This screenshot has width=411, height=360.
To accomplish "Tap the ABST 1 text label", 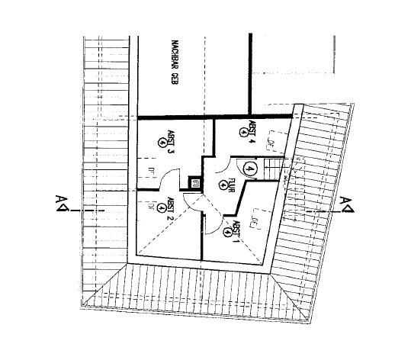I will click(x=237, y=227).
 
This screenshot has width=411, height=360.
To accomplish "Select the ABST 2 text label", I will click(x=172, y=207).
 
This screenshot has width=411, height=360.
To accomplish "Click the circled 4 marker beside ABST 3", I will click(x=162, y=141).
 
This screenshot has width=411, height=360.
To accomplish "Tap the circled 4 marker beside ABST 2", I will click(x=162, y=207).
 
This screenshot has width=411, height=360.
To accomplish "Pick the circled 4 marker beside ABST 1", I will click(x=228, y=231).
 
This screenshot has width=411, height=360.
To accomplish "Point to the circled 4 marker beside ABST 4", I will click(x=243, y=130).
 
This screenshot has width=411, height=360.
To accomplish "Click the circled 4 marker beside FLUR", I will click(x=223, y=185).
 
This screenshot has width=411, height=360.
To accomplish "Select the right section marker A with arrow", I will click(x=347, y=201).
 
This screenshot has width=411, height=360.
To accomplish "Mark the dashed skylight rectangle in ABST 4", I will click(x=271, y=141).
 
